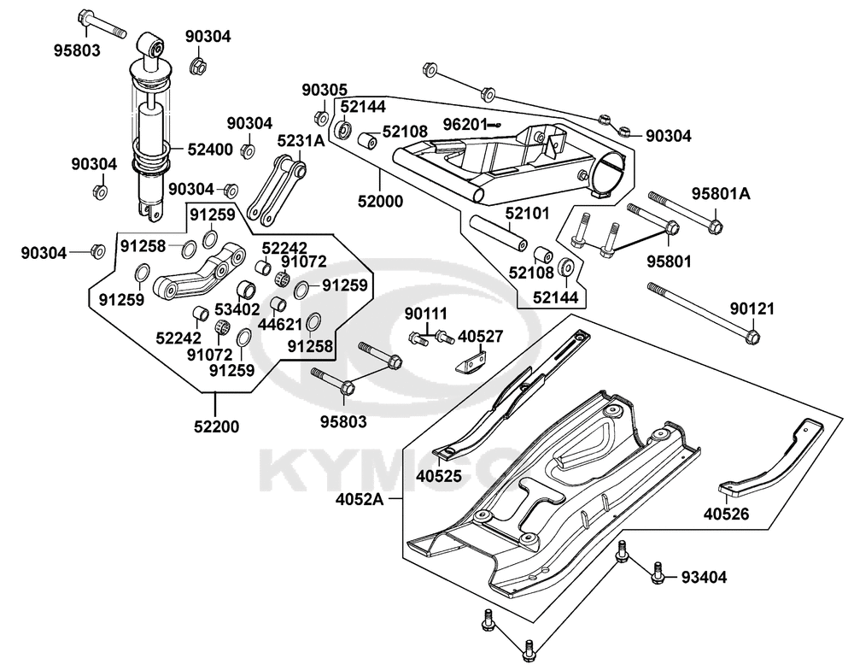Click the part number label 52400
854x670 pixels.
[210, 149]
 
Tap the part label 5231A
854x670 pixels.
[301, 141]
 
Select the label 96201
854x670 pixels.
[464, 124]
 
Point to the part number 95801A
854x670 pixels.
[721, 193]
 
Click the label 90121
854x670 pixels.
[752, 309]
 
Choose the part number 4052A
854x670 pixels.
[359, 499]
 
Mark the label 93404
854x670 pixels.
[704, 577]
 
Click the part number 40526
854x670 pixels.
[726, 514]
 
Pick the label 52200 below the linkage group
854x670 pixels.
[216, 426]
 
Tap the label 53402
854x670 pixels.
[237, 309]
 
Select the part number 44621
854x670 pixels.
[280, 325]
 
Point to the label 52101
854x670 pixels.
[527, 213]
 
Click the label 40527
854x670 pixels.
[480, 337]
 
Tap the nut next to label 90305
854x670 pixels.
[321, 117]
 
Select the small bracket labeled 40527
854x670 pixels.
[470, 362]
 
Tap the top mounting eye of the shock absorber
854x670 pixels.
[152, 45]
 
